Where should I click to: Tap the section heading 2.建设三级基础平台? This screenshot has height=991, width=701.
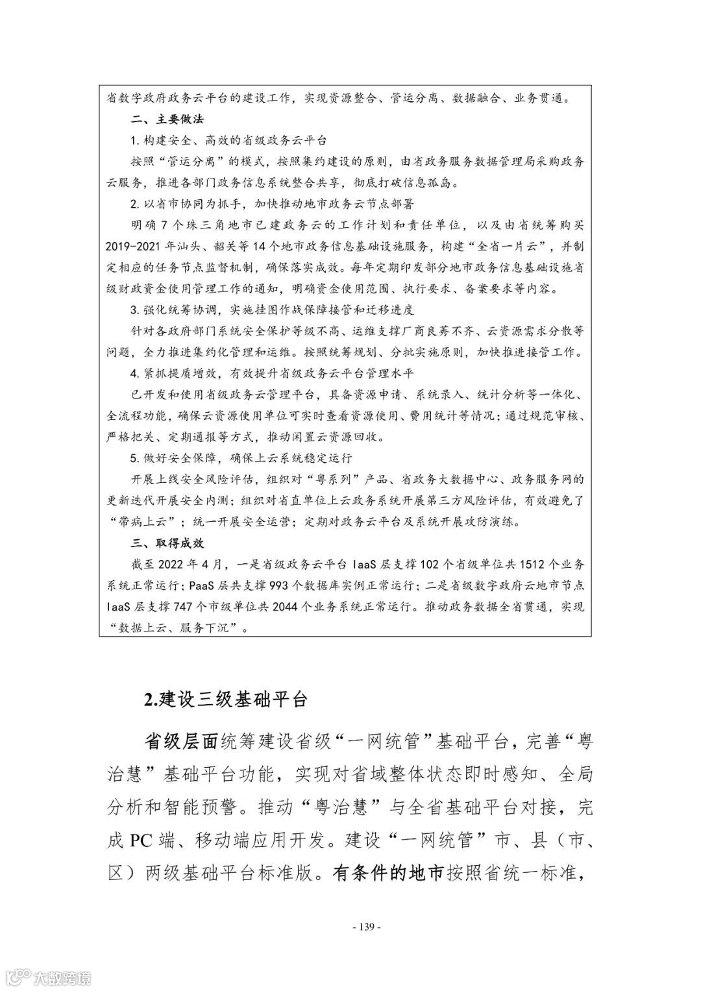pyautogui.click(x=225, y=700)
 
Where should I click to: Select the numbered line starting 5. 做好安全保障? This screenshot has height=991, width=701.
pyautogui.click(x=240, y=458)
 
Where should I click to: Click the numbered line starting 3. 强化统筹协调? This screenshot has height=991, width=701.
pyautogui.click(x=271, y=310)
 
